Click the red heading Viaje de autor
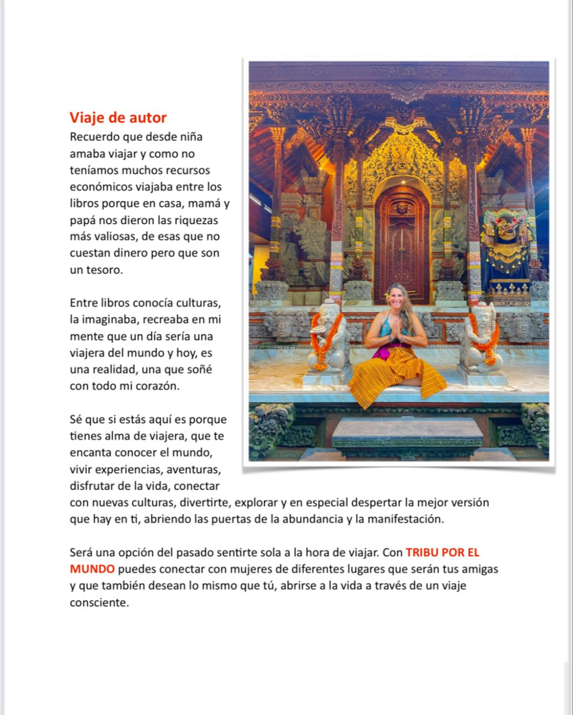[x=118, y=118]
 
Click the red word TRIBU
[x=421, y=553]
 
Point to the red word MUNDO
[x=92, y=569]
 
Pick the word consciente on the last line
[x=99, y=603]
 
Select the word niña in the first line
[x=191, y=137]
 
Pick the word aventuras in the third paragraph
[x=193, y=470]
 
